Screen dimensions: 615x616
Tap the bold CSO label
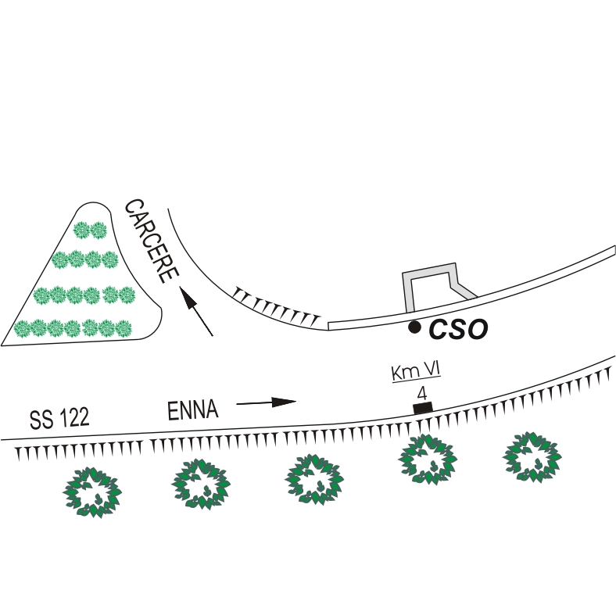(x=458, y=330)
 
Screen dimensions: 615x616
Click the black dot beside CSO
(x=415, y=327)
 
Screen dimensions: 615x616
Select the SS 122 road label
(x=59, y=418)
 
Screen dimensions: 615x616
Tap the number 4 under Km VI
(x=421, y=392)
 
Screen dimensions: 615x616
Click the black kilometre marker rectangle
(x=422, y=407)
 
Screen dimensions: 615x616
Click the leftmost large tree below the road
(x=93, y=492)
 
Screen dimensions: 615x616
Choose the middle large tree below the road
(x=314, y=478)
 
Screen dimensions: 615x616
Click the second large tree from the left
(x=200, y=483)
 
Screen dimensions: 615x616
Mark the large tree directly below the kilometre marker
(x=427, y=459)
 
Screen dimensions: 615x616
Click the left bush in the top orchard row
(x=81, y=230)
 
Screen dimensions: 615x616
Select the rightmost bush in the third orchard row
(x=127, y=295)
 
